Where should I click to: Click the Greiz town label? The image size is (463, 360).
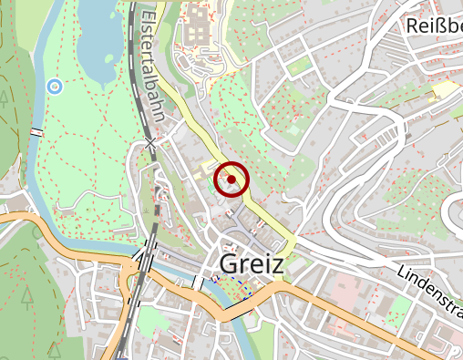(252, 265)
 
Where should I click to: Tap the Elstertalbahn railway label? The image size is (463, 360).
(151, 58)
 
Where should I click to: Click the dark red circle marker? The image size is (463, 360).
(231, 180)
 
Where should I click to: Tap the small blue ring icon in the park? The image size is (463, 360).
(54, 87)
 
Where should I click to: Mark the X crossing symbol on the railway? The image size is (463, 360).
(151, 143)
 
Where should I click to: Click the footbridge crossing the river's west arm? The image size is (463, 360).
(36, 133)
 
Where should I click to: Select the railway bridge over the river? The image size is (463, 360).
(147, 262)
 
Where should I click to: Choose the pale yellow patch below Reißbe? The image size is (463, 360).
(444, 88)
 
